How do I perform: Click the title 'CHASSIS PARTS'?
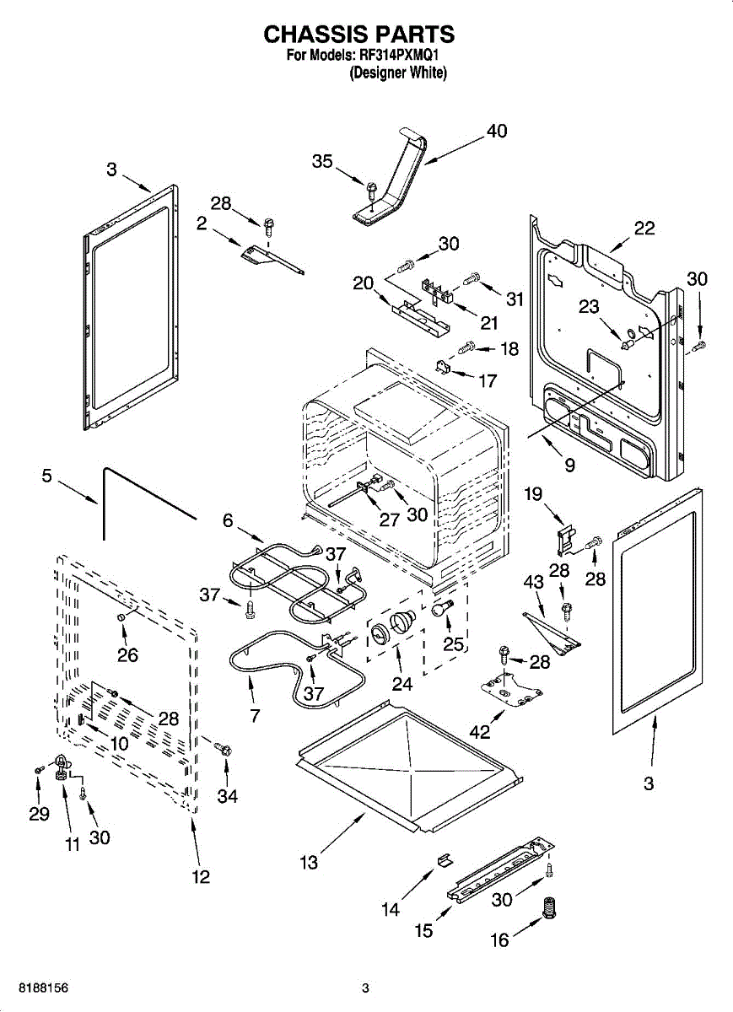pos(358,35)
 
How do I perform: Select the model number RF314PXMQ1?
pos(399,55)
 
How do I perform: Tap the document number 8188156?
pos(43,988)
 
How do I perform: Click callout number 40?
pos(497,131)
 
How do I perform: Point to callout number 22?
pos(644,229)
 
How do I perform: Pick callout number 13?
pos(309,863)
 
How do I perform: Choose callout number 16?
pos(500,940)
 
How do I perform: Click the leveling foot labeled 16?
pos(549,908)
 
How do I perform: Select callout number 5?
pos(47,476)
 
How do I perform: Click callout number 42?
pos(480,732)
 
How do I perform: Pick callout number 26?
pos(128,655)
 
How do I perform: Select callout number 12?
pos(201,877)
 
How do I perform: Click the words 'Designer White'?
pos(398,73)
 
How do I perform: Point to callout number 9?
pos(570,465)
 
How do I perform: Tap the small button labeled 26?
pos(121,617)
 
